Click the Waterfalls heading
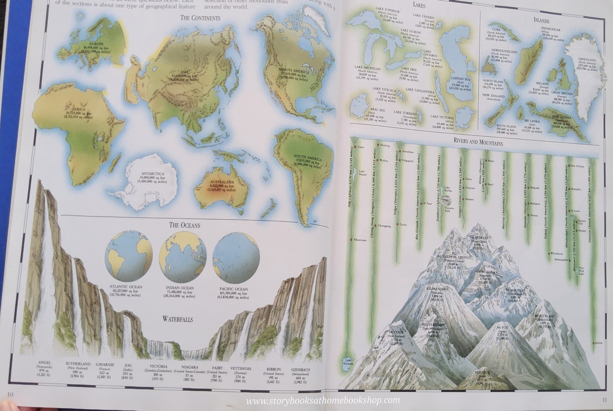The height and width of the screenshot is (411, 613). [x=177, y=319]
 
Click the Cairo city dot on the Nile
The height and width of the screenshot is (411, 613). [x=355, y=147]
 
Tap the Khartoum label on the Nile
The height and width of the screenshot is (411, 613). [x=360, y=240]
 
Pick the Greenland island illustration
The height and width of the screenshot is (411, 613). [x=588, y=83]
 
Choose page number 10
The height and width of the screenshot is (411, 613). [x=10, y=394]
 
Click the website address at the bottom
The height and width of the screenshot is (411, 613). [x=323, y=400]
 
